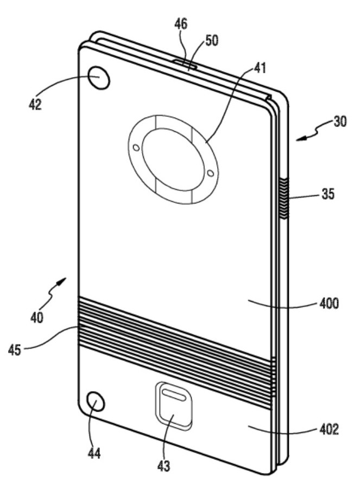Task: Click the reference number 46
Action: pos(181,24)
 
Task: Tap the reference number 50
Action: pos(212,41)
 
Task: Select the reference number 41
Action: pos(260,68)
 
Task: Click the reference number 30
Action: pos(340,122)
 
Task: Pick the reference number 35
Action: pos(328,194)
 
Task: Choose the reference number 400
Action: pos(329,304)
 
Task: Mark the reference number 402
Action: pos(329,430)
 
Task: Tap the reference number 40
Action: pos(37,317)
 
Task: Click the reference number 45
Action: pos(15,350)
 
